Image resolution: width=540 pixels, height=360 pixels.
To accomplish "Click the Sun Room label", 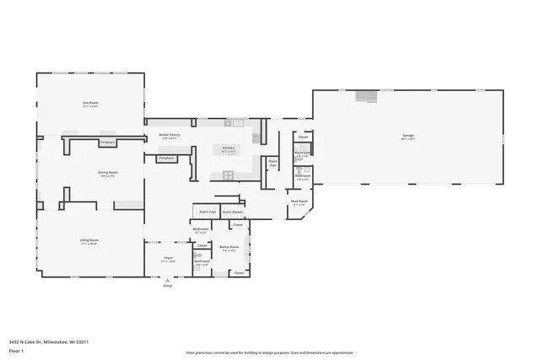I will coord(90,105).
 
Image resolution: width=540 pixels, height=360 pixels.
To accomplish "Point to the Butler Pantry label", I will coord(170,134).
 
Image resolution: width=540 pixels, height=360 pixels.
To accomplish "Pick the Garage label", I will coord(408,136).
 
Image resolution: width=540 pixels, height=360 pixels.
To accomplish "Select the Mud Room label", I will coord(300,201).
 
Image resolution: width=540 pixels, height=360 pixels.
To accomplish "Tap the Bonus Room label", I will coord(227,247).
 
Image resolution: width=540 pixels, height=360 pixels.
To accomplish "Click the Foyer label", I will coord(168,260).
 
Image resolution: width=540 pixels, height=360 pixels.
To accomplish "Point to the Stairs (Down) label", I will coord(233,212).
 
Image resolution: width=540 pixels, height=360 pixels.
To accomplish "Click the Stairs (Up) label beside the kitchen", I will coord(272,163).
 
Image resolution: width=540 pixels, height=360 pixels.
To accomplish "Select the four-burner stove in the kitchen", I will coord(228,175).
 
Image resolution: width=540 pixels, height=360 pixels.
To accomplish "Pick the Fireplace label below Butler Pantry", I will coord(166,158).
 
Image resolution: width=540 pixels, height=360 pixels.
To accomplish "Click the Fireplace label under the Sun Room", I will coord(107,142).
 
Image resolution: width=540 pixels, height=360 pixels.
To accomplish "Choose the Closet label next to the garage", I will coord(303,137).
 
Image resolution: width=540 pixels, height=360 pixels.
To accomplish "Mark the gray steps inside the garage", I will coord(364,95).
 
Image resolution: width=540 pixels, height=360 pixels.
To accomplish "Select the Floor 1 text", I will coord(16,350).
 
